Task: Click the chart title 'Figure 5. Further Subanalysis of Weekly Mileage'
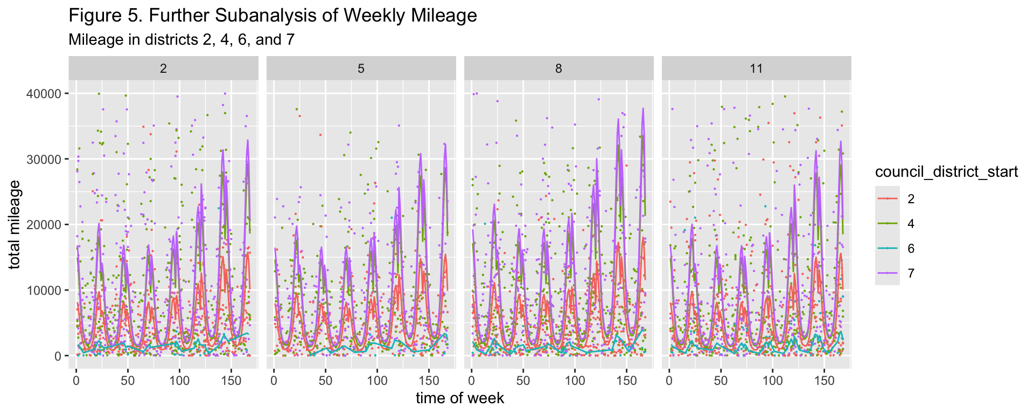(x=273, y=16)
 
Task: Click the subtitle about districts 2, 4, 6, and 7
(x=181, y=39)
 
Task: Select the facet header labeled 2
(x=163, y=68)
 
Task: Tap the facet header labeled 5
(x=361, y=68)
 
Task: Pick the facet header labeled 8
(x=558, y=68)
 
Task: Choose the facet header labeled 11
(x=757, y=68)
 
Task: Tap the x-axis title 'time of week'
(x=460, y=398)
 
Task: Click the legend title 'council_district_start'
(x=946, y=172)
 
